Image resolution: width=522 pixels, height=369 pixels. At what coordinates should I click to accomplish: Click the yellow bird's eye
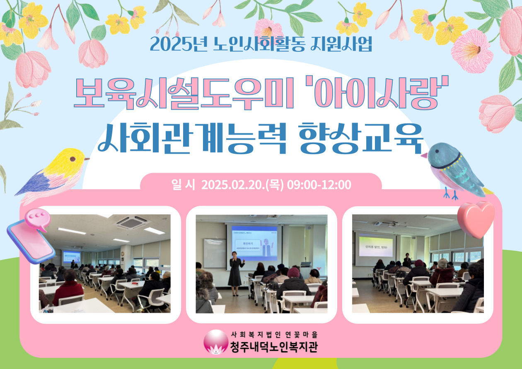coord(72,159)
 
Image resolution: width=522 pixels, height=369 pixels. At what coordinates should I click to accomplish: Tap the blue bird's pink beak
coord(424,155)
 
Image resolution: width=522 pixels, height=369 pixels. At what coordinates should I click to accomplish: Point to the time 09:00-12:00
coord(319,185)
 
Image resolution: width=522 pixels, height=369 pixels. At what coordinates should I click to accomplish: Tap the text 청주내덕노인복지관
coord(274,347)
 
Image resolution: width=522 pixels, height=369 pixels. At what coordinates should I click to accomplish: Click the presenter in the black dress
coord(236,271)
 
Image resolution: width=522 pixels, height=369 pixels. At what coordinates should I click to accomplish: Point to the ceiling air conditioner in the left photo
coord(132,222)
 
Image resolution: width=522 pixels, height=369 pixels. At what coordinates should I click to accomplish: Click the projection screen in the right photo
coord(375,246)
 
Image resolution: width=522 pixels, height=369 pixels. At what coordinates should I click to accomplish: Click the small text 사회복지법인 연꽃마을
coord(276,334)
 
